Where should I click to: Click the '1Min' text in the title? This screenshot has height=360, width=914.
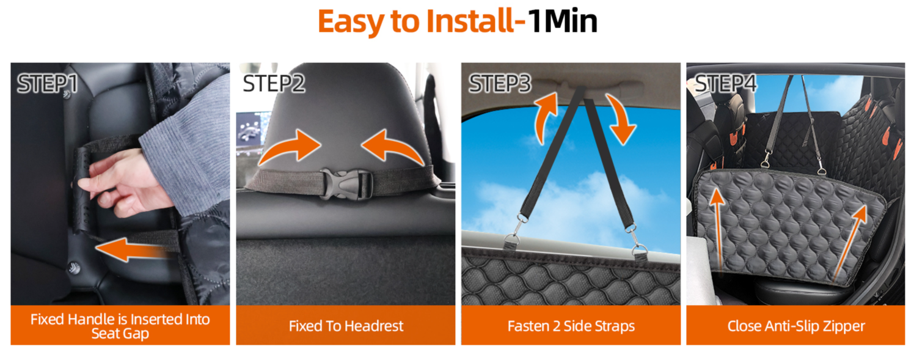(563, 21)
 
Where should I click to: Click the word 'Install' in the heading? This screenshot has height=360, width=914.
(470, 21)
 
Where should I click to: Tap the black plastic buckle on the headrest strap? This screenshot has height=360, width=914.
(345, 185)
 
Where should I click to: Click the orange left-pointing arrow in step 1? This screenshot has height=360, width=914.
(134, 249)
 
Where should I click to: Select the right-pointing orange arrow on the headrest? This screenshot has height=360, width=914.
(291, 147)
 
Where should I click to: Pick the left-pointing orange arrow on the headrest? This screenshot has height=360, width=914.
(392, 147)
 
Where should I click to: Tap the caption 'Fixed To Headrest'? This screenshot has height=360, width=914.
(346, 326)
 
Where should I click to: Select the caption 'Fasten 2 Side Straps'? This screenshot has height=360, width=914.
(571, 326)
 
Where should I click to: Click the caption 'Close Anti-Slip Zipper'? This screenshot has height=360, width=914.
(796, 326)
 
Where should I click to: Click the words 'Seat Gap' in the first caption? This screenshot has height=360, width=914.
(120, 334)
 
